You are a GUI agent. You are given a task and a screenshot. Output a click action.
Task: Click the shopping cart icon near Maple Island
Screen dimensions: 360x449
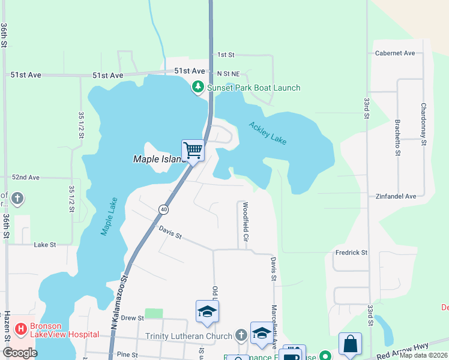tap(193, 149)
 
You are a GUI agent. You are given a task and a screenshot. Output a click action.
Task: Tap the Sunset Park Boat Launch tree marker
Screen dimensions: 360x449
tap(198, 88)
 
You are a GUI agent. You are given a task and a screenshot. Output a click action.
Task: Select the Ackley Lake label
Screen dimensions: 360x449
tap(268, 133)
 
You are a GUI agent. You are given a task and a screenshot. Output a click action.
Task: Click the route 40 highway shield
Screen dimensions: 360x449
tap(163, 209)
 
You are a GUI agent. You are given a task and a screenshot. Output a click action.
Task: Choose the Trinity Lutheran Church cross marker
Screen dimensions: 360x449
tap(241, 335)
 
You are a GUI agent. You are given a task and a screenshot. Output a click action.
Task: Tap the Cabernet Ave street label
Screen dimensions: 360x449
tap(395, 53)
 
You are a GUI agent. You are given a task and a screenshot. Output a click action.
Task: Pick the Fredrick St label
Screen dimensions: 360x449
tap(351, 253)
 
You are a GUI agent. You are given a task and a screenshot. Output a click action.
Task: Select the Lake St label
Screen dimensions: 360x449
tap(44, 245)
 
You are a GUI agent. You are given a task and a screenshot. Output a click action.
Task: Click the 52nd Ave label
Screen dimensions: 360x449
tap(26, 178)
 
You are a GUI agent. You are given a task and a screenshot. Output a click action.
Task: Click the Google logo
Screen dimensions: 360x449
tap(20, 352)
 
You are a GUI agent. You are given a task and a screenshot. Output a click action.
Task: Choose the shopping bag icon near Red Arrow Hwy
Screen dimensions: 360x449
tap(350, 344)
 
